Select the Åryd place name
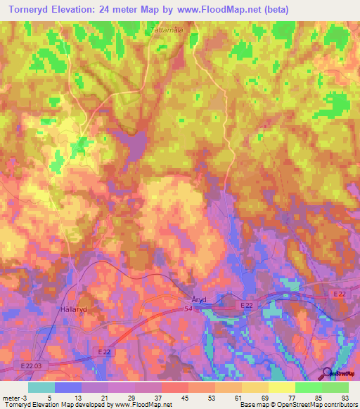(200, 299)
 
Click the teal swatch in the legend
(41, 387)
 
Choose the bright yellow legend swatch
(282, 387)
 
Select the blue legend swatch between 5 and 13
(68, 387)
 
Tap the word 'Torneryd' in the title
(30, 10)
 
